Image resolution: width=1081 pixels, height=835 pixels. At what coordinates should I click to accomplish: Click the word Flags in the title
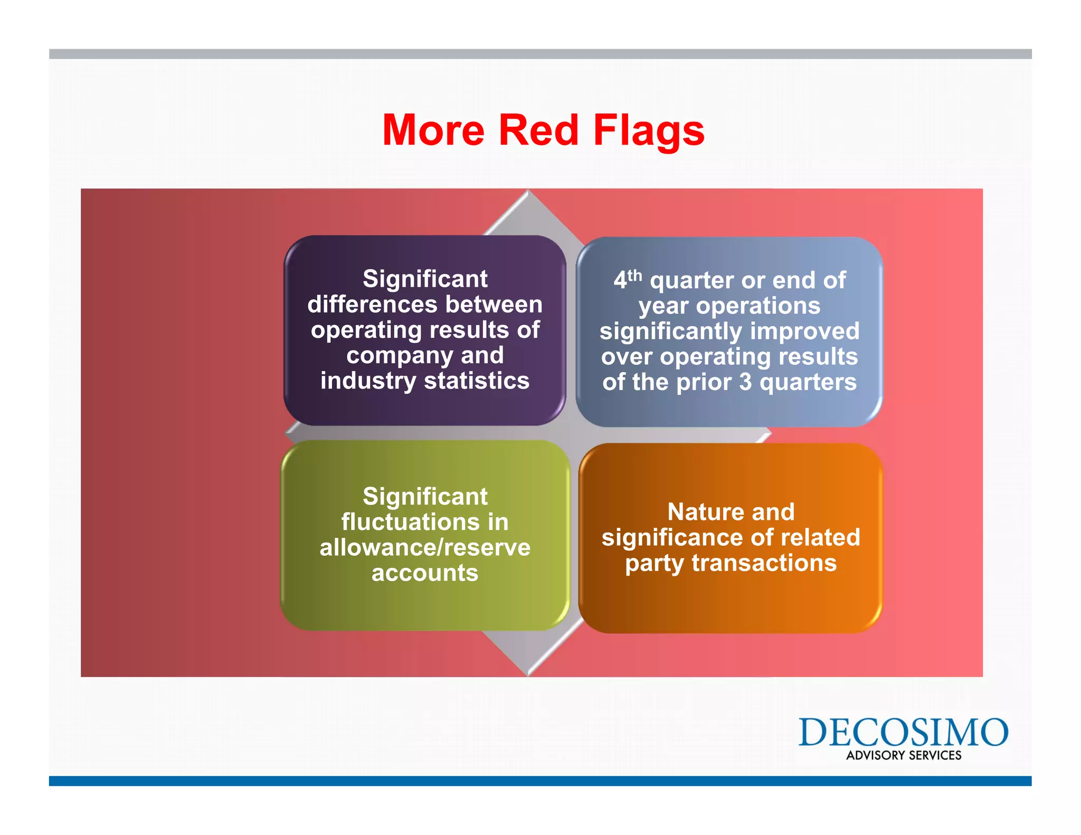pos(649,130)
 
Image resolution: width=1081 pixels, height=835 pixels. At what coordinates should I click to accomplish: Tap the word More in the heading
pos(433,130)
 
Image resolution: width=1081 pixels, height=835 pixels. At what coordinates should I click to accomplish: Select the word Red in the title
pos(538,130)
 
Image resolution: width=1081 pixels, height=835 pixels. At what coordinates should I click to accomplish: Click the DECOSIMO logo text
pos(903,732)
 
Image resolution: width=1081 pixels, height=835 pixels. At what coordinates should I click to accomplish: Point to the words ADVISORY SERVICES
pos(904,755)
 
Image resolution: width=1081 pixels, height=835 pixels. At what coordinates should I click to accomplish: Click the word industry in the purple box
pos(368,381)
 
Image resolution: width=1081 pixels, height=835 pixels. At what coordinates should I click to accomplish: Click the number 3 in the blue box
pos(745,382)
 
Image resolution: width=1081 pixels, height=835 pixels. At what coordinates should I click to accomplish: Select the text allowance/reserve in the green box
pos(425,548)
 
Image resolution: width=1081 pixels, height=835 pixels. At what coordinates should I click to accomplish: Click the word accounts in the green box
pos(425,573)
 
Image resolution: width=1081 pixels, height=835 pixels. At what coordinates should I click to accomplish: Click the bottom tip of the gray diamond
pos(528,673)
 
